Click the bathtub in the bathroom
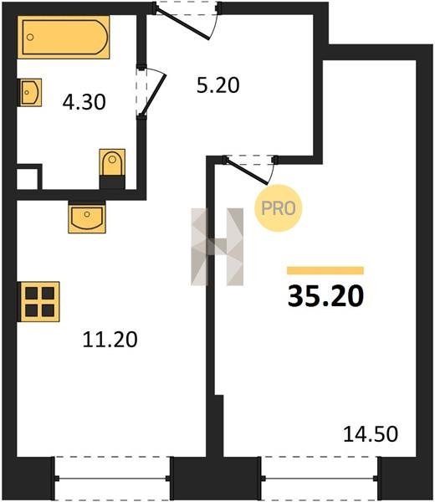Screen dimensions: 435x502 tap(64, 37)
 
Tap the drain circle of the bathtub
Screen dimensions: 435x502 tap(30, 37)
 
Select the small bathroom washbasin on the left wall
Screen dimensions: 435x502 tap(30, 93)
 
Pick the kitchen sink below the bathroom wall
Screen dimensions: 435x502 tap(87, 218)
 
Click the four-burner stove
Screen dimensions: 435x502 tap(39, 301)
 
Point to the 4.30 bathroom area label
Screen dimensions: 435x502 tap(84, 102)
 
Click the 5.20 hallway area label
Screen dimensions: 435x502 tap(218, 85)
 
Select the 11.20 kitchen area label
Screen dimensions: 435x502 tap(110, 340)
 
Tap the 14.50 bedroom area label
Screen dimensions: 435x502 tap(371, 434)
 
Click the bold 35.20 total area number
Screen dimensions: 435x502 tap(326, 296)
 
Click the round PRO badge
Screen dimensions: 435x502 tap(279, 208)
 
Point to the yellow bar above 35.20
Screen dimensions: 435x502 tap(325, 270)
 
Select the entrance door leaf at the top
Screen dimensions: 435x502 tap(183, 24)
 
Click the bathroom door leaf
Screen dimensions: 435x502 tap(153, 95)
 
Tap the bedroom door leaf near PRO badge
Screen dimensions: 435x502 tap(247, 172)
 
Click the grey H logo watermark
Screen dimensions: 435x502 tap(217, 247)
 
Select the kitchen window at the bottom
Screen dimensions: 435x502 tap(112, 479)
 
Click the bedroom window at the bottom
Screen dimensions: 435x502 tap(320, 479)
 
